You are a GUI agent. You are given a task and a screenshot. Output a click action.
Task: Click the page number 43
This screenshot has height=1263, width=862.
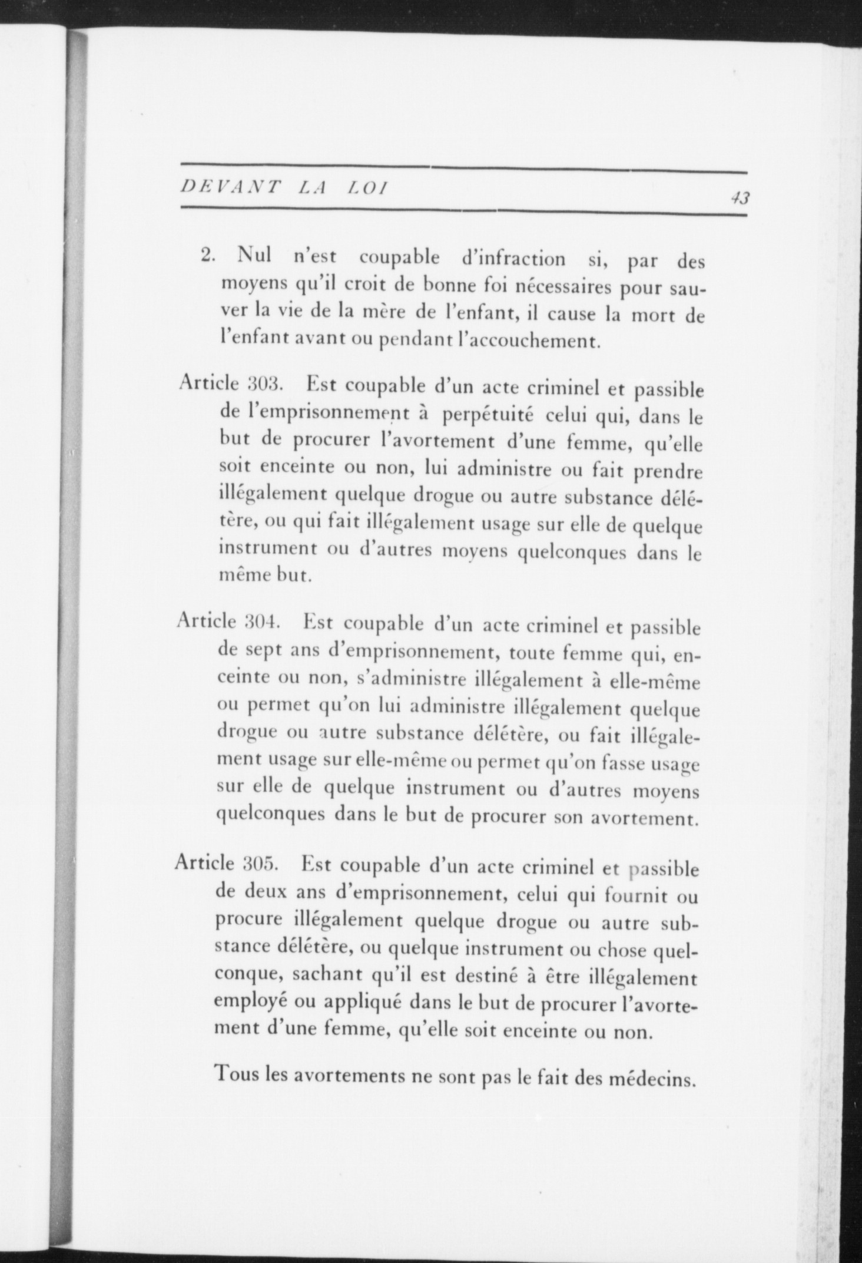tap(740, 198)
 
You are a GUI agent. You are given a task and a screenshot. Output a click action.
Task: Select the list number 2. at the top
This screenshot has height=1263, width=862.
tap(209, 257)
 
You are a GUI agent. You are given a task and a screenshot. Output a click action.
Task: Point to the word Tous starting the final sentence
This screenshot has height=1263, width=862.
tap(237, 1075)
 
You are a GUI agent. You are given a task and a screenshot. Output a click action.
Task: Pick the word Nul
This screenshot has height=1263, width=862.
tap(254, 256)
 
